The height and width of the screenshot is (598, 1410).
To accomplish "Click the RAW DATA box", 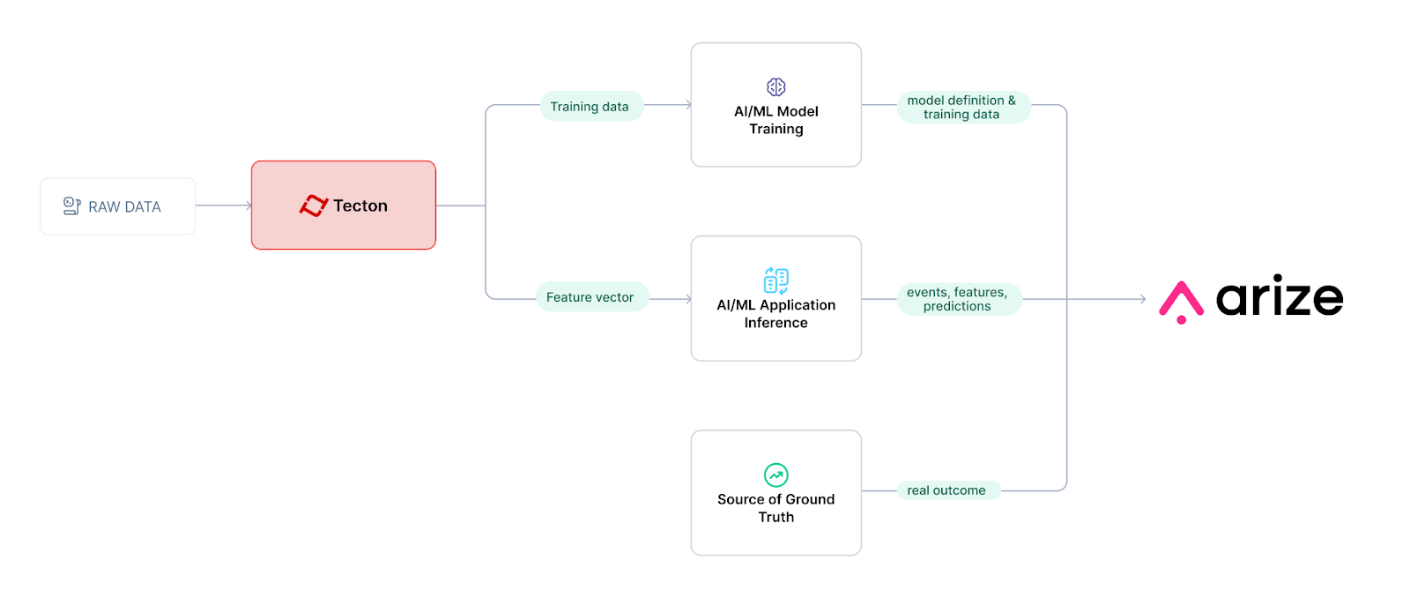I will coord(117,206).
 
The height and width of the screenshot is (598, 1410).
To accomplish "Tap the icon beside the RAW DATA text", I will coord(72,206).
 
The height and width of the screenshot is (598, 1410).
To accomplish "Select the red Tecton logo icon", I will coord(314,206).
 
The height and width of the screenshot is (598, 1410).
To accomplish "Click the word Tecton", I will coord(360,206).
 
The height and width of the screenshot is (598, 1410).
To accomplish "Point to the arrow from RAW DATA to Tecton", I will coord(224,206).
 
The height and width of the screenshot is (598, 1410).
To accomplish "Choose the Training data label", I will coord(590,107).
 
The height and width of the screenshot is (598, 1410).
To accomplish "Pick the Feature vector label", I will coord(590,297).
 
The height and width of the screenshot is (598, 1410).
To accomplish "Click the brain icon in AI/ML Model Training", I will coord(775,86).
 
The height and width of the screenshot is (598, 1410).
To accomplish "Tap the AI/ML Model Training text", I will coord(775,120).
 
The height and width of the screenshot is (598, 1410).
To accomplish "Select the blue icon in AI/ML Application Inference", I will coord(775,280).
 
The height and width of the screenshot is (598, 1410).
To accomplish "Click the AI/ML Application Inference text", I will coord(775,314).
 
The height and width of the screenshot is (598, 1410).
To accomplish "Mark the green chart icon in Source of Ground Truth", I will coord(775,475).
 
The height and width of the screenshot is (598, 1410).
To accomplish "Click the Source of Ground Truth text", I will coord(775,508).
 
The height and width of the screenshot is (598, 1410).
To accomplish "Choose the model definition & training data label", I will coord(961,107).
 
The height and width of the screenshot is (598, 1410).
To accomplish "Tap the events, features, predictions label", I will coord(957,299).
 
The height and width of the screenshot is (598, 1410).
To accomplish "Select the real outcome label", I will coord(946,490).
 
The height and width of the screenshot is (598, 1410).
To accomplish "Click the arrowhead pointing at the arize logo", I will coord(1142,299).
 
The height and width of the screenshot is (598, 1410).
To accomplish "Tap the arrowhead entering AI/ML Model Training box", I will coord(687,105).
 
